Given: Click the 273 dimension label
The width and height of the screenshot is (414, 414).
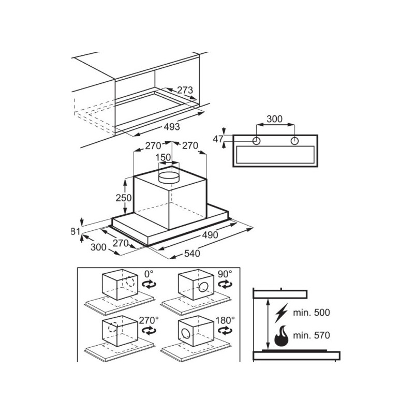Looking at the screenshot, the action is click(x=185, y=90).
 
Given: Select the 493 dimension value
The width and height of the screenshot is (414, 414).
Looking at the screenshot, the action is click(x=172, y=127).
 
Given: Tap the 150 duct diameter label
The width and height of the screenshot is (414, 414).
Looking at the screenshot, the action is click(x=163, y=157).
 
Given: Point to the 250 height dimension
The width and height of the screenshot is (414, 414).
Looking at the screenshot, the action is click(x=124, y=198).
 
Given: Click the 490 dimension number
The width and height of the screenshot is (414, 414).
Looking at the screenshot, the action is click(x=210, y=234).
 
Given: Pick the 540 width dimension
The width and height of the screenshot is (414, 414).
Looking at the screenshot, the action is click(x=192, y=254).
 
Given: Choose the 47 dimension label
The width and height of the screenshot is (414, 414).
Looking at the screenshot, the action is click(x=218, y=139).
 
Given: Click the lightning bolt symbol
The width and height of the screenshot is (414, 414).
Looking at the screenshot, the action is click(x=281, y=313).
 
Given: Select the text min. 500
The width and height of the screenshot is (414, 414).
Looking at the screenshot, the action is click(x=312, y=313).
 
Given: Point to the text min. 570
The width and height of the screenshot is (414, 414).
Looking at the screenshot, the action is click(x=312, y=335).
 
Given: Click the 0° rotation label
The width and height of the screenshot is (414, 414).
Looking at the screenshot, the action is click(x=149, y=274).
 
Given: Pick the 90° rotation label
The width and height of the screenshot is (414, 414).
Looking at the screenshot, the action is click(x=225, y=274).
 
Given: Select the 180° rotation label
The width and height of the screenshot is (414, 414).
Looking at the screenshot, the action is click(x=225, y=320).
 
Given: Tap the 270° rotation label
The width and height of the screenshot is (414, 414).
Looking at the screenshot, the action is click(x=149, y=320).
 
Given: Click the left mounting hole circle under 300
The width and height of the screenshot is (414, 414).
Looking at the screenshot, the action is click(x=256, y=141).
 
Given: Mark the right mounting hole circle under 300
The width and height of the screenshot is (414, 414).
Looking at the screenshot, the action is click(x=294, y=141).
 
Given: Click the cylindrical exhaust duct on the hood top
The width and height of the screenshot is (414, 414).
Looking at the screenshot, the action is click(x=169, y=177).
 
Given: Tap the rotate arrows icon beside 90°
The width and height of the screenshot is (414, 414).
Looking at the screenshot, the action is click(x=225, y=285).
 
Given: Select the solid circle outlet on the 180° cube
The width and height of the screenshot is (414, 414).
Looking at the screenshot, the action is click(x=186, y=334).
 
